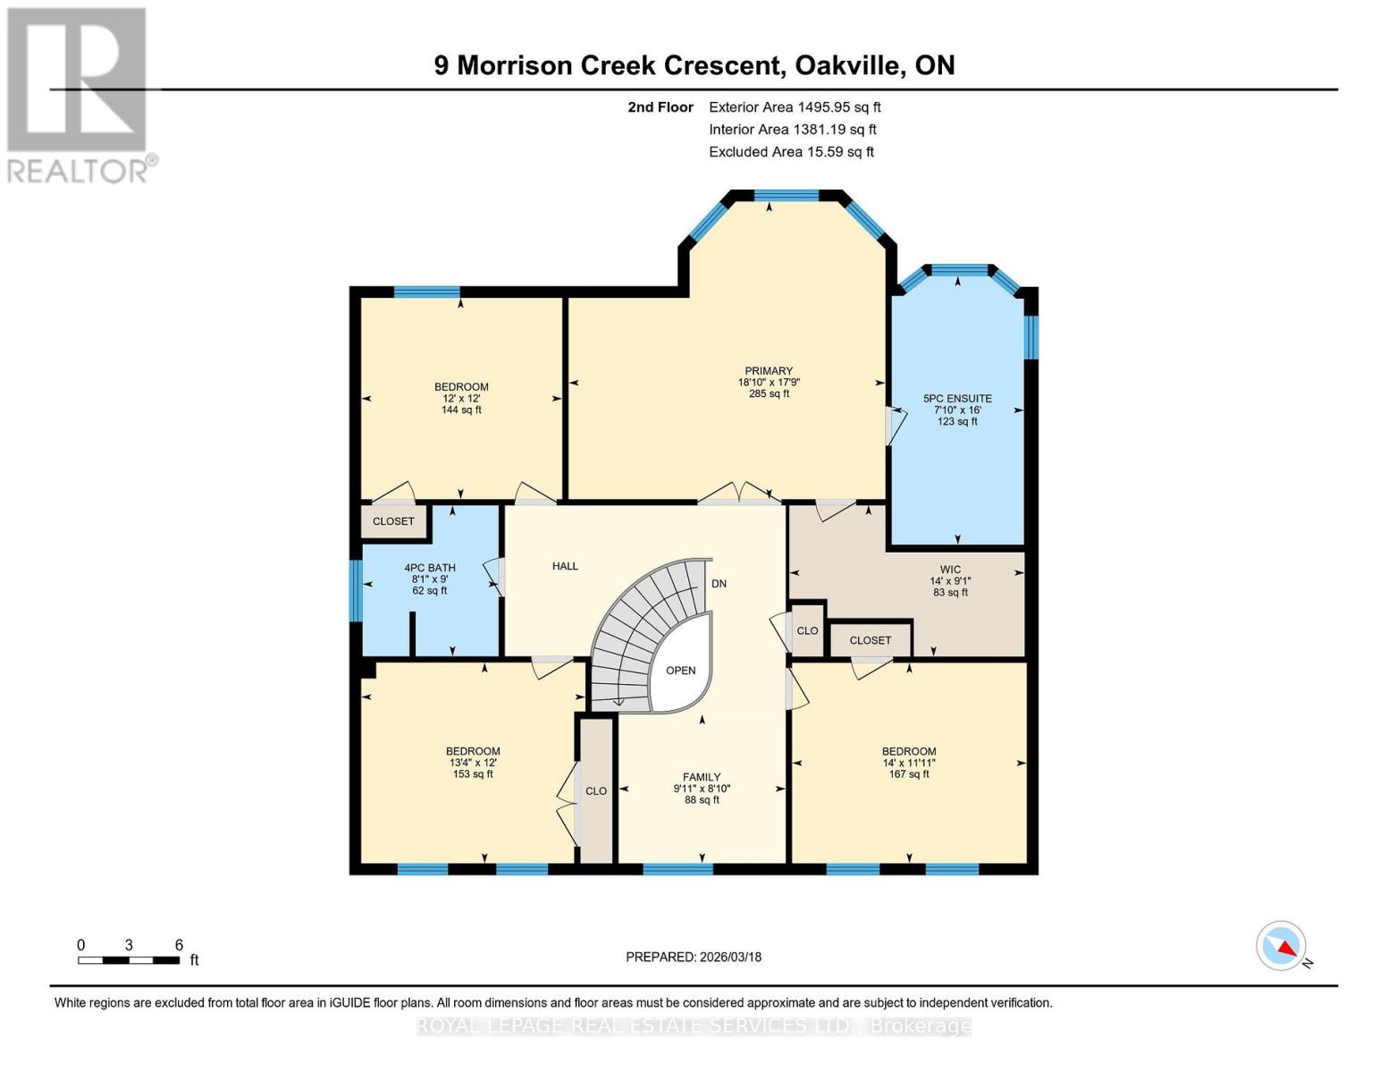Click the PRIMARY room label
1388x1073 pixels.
[769, 371]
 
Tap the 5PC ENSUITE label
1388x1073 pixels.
[957, 399]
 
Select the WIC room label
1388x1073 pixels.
[950, 570]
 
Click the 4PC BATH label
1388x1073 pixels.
[430, 568]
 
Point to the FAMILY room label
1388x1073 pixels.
[702, 777]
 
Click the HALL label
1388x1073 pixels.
[565, 566]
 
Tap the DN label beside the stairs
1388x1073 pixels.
[719, 584]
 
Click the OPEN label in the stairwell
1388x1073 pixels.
[680, 671]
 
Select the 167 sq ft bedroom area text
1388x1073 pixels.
[909, 774]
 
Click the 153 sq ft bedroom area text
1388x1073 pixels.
[473, 774]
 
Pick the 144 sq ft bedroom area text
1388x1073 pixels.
[461, 410]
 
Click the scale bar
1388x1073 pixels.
[129, 960]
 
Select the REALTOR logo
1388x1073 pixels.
[79, 94]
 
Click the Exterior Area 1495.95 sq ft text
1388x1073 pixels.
[795, 107]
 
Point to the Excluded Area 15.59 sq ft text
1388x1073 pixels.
[791, 152]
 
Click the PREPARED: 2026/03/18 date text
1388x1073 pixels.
[694, 957]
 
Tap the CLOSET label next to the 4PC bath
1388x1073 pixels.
[393, 521]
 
